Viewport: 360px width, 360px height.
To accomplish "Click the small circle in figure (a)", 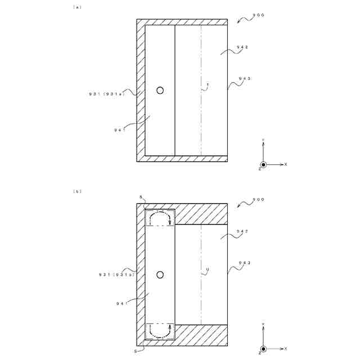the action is coord(160,90).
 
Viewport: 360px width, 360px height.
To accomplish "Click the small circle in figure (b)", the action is coord(160,274).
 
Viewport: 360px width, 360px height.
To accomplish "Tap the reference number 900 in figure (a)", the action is coord(258,16).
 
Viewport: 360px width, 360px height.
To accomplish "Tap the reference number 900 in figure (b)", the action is coord(258,200).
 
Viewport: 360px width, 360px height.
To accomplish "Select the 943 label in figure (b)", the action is coord(244,262).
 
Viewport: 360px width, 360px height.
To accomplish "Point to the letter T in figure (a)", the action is coord(208,85).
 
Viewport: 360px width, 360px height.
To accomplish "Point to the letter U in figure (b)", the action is coord(208,270).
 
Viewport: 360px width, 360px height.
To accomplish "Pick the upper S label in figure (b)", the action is coord(141,197).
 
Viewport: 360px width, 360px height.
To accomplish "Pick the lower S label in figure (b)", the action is coord(136,350).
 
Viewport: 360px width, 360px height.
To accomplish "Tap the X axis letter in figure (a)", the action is coord(286,164).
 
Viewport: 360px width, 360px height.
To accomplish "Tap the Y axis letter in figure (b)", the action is coord(263,325).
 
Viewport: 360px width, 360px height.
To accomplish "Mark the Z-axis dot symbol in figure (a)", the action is coord(263,164).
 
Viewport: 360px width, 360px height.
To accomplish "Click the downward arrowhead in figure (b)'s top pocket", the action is coord(170,222).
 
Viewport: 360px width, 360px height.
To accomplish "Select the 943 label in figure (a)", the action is coord(244,78).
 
